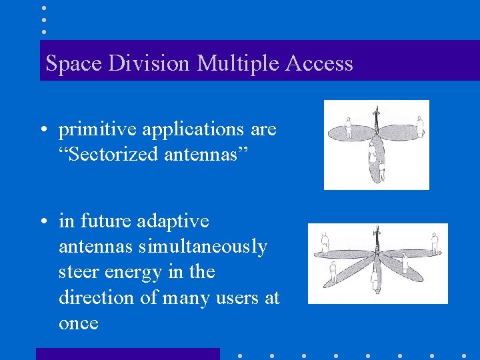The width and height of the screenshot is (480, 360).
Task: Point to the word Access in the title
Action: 319,63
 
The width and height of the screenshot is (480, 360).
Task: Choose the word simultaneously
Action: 203,247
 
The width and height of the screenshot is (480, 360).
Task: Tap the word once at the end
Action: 79,323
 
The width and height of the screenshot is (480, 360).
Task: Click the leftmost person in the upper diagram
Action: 348,123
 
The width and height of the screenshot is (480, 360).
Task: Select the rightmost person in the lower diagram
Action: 435,243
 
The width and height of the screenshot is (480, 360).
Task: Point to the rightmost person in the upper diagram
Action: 419,125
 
